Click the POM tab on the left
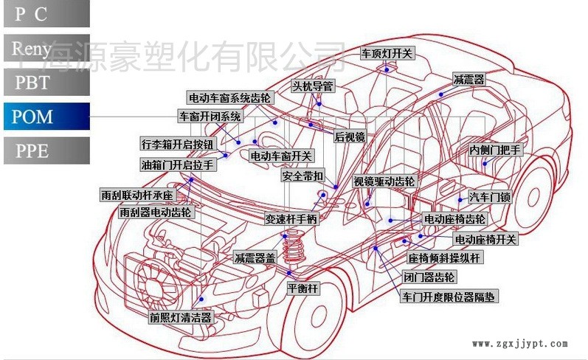point(45,117)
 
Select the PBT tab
point(45,83)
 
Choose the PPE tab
point(45,151)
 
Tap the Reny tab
point(45,49)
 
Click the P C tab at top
point(45,13)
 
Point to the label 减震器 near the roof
point(469,79)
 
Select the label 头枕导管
point(313,86)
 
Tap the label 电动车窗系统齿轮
point(229,98)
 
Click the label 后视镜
point(350,136)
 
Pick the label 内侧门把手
point(496,150)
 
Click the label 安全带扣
point(303,177)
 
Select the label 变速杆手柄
point(291,219)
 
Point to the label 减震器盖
point(255,258)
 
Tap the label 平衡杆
point(302,289)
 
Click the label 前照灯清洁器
point(181,318)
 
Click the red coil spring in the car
point(294,249)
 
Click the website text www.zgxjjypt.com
point(520,344)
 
